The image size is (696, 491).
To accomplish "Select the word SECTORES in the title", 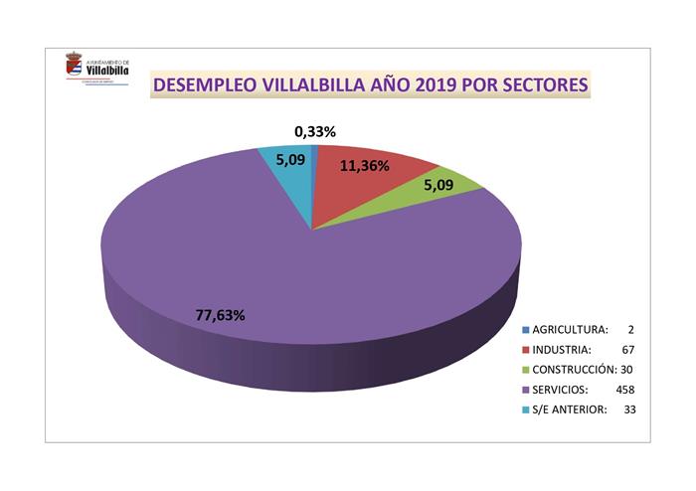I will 539,85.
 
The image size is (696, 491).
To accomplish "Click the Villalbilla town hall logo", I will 96,69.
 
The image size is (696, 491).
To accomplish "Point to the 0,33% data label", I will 315,131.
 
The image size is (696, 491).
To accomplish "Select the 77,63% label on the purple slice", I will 221,314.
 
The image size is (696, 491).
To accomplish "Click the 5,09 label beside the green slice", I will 437,185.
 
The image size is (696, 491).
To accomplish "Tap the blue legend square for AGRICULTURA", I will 525,329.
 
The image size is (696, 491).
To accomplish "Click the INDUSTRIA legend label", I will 562,349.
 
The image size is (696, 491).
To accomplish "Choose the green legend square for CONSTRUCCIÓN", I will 525,369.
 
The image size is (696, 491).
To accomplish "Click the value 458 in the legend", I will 624,389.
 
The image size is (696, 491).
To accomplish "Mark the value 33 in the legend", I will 628,409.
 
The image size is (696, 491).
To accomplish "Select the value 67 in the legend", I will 627,349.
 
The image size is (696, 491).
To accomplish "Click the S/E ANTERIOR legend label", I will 569,409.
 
